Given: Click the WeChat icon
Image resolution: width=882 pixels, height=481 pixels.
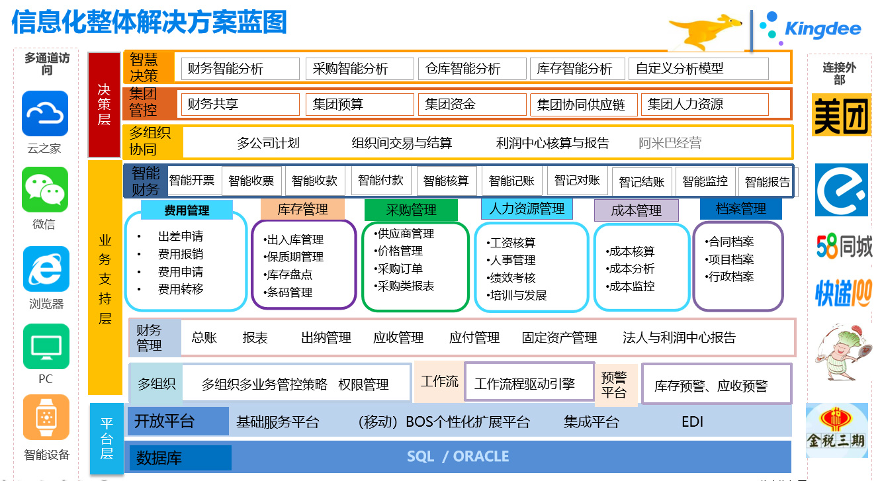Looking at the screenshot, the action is tap(45, 190).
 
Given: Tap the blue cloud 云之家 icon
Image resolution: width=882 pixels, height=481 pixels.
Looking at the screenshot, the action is tap(45, 113).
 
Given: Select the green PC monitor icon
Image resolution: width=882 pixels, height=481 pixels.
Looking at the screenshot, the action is tap(46, 347).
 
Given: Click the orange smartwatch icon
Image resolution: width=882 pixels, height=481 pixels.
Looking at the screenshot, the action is tap(46, 417).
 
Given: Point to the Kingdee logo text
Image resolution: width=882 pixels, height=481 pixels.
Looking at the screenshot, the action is tap(823, 28).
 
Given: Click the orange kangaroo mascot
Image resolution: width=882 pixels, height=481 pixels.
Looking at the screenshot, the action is tap(705, 32).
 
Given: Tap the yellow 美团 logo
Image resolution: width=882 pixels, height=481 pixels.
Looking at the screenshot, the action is tap(842, 115).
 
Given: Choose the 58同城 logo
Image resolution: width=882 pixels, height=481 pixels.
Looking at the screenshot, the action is tap(844, 247).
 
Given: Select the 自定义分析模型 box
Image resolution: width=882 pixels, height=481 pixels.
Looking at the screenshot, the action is tap(699, 69).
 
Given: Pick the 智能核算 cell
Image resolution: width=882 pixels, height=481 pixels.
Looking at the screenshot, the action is tap(447, 181).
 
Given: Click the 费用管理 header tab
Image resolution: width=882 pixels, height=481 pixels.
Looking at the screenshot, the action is tap(187, 210).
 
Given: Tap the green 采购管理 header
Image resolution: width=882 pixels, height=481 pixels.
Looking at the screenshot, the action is tap(411, 210).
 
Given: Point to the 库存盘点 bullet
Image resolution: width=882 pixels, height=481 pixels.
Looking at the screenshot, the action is tap(288, 275).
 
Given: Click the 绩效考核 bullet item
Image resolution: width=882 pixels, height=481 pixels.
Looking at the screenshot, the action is tap(511, 278).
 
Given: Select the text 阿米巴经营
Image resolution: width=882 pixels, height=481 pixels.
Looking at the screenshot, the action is tap(670, 143).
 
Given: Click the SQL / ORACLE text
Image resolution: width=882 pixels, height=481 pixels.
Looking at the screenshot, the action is tap(458, 457).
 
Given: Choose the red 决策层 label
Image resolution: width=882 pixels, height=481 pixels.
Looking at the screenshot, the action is tap(104, 105).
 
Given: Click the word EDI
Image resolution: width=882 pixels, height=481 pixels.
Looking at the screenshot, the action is tap(692, 421).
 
